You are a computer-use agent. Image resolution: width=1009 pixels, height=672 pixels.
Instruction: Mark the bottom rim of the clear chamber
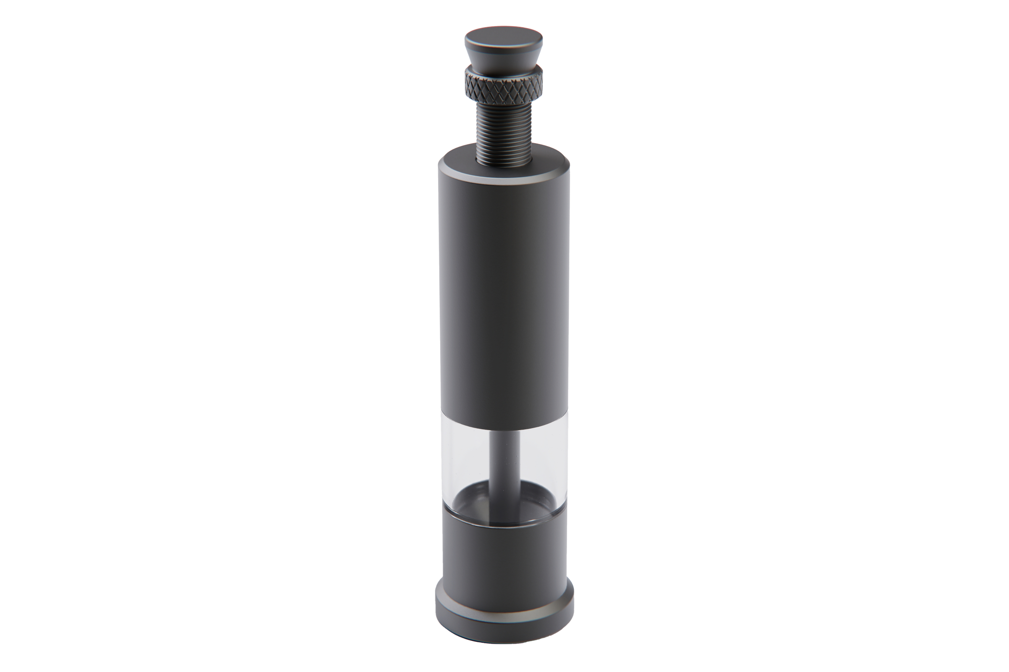(504, 523)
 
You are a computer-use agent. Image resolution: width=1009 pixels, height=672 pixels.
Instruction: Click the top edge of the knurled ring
(504, 73)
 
